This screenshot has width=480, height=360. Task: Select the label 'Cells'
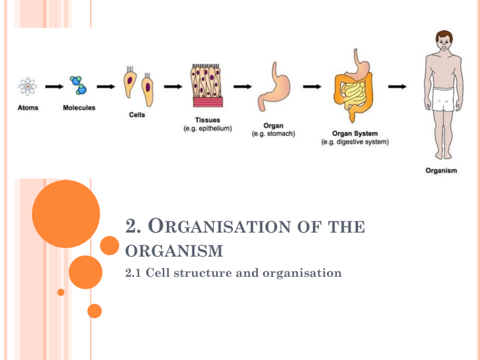(x=137, y=114)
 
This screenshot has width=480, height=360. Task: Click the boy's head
(x=444, y=42)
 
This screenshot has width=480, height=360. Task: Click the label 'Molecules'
(x=79, y=107)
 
